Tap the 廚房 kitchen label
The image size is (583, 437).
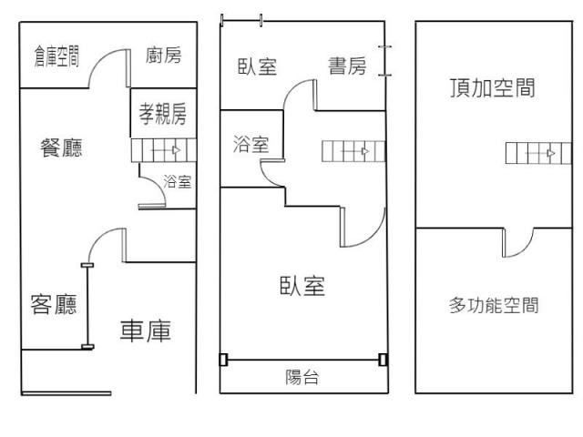coord(163,56)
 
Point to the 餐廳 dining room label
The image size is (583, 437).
coord(61,148)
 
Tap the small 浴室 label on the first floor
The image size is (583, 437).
coord(177,182)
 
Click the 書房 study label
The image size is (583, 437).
coord(347,66)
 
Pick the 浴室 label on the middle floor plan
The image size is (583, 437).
coord(251,144)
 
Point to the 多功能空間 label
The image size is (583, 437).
coord(494,305)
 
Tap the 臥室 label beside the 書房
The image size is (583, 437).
coord(258,66)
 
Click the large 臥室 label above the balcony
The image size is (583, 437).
coord(302,286)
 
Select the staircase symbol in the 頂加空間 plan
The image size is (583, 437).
coord(532,153)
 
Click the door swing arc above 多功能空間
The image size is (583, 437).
coord(517,241)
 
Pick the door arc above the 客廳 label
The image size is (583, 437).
coord(105,244)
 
